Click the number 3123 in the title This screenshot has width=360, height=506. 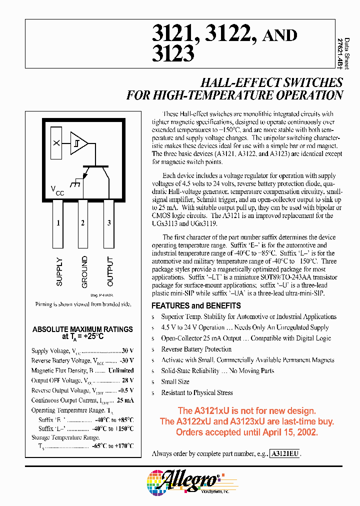point(172,53)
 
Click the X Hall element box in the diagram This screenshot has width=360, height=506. point(56,143)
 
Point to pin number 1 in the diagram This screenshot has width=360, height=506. point(58,223)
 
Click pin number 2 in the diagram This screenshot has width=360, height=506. point(82,223)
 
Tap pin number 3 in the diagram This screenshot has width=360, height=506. point(109,223)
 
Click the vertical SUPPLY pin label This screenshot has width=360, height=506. point(59,271)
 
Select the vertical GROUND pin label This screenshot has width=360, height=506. point(84,271)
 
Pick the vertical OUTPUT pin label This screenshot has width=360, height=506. point(110,271)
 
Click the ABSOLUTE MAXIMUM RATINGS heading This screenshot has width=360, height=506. point(82,329)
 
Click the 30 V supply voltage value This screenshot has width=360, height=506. point(128,351)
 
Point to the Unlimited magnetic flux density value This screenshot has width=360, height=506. point(121,370)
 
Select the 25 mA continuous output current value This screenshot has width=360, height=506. point(125,400)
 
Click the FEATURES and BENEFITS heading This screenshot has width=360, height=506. point(196,305)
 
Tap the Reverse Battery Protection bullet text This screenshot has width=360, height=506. point(196,349)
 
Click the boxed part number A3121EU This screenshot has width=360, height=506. point(285,454)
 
